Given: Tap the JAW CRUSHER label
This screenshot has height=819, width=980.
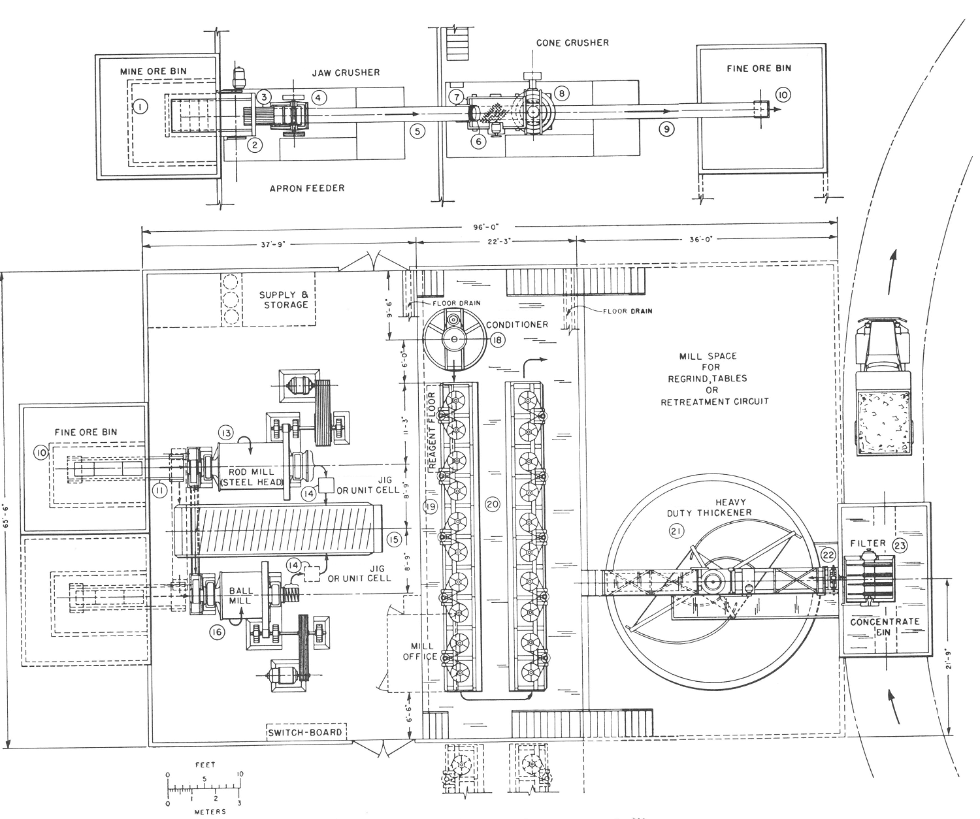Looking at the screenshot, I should tap(346, 72).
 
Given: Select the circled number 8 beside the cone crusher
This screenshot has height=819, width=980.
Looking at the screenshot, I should tap(561, 93).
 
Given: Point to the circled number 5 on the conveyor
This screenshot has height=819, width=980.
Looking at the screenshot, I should tap(418, 131).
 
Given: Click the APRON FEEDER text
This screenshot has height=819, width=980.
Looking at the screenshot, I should tap(306, 188).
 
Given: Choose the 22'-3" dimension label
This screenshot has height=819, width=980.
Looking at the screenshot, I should tap(495, 240).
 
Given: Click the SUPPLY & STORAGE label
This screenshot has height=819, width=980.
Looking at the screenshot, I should tap(283, 300).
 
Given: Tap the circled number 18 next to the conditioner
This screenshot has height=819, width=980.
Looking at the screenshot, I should tap(497, 340).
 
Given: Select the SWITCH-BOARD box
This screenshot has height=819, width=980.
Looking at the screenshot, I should tap(306, 732).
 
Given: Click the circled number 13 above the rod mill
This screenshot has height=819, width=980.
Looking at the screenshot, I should tap(225, 432).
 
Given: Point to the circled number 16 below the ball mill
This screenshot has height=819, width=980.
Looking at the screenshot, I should tap(216, 632).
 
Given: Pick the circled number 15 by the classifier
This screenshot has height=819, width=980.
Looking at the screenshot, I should tap(393, 539).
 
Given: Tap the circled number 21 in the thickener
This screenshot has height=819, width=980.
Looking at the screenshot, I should tap(675, 532).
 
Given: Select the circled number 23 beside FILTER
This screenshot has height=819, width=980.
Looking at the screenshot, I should tap(900, 546).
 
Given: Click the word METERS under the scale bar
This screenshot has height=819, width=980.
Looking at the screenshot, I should tap(210, 811).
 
